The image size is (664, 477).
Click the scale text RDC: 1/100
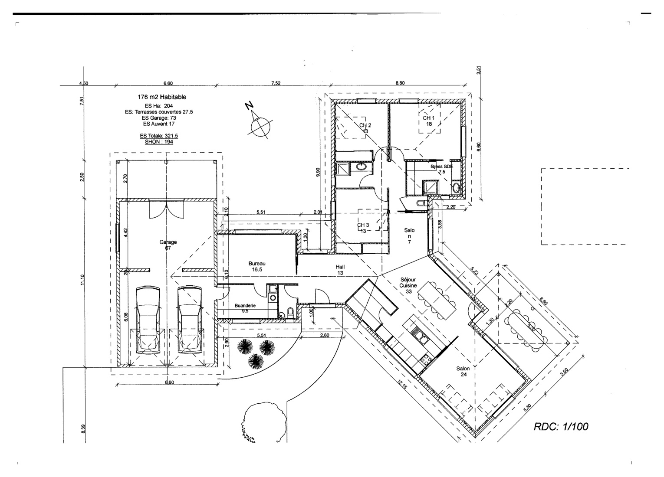click(x=561, y=427)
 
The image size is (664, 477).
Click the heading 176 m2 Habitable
click(x=162, y=97)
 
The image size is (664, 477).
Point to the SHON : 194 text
click(x=159, y=142)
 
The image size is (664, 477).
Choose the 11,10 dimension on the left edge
click(x=82, y=281)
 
